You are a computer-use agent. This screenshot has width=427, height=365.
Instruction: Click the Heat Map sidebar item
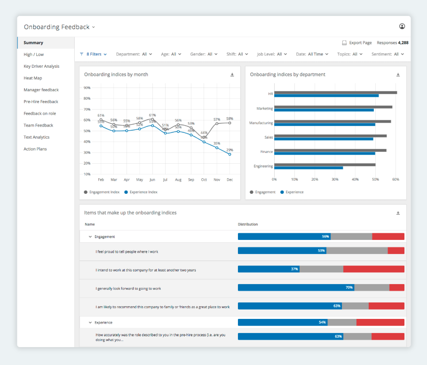point(33,78)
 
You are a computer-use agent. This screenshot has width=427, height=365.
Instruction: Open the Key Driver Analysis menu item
point(41,66)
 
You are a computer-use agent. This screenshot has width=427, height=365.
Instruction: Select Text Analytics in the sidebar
point(36,137)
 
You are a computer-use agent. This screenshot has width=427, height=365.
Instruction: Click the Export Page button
point(357,43)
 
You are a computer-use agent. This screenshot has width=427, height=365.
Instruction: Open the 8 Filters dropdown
point(94,54)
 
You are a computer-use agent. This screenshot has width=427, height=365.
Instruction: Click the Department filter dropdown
point(134,54)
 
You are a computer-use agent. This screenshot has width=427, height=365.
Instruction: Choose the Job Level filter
point(272,54)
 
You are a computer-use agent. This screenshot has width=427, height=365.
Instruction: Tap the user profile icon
point(402,27)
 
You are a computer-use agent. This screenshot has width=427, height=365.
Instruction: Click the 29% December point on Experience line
point(230,154)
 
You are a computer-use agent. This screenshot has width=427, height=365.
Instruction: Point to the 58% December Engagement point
point(230,123)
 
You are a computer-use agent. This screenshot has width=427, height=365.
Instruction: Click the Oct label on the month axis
point(204,180)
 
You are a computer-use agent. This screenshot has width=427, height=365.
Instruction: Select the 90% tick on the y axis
point(87,88)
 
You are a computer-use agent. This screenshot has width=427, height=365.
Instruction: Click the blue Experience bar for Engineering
point(308,168)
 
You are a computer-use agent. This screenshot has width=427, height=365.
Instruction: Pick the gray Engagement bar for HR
point(335,93)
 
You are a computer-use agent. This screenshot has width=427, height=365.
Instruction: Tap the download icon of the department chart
point(398,75)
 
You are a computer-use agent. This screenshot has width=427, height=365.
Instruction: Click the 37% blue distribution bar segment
point(269,269)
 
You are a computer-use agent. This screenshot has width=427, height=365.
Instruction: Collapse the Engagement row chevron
point(90,237)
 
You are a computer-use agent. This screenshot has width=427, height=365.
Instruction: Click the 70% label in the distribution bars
point(349,287)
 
